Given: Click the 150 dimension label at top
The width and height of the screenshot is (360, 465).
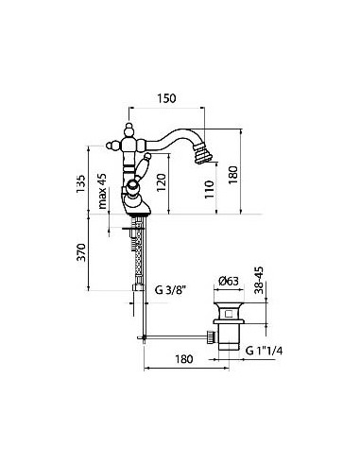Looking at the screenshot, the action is (x=166, y=98).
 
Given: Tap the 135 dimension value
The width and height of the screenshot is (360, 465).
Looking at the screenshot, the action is (x=80, y=184).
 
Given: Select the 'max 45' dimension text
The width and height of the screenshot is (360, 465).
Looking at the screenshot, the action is (x=103, y=191).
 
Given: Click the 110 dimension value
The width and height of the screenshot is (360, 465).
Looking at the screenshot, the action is (x=209, y=189).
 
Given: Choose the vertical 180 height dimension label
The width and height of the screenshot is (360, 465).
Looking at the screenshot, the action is (x=233, y=175).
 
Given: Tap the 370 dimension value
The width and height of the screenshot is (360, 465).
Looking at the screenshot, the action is (x=81, y=252).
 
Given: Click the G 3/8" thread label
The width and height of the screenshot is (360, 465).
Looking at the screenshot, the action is (x=169, y=289).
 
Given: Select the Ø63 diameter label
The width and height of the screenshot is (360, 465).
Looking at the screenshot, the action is (x=229, y=281).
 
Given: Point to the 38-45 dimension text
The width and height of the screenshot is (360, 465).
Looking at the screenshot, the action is (x=259, y=281).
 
